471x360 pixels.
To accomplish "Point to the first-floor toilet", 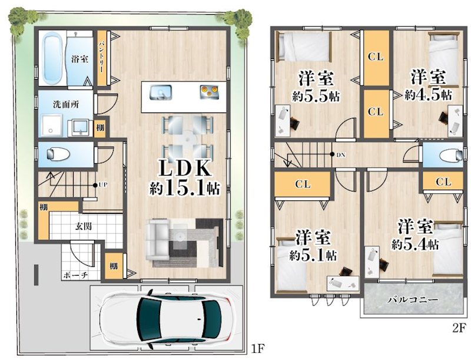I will click(x=58, y=154).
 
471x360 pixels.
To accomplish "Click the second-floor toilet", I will click(x=450, y=156).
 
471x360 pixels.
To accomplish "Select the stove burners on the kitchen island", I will click(x=207, y=92).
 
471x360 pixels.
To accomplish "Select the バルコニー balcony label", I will click(x=412, y=300).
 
